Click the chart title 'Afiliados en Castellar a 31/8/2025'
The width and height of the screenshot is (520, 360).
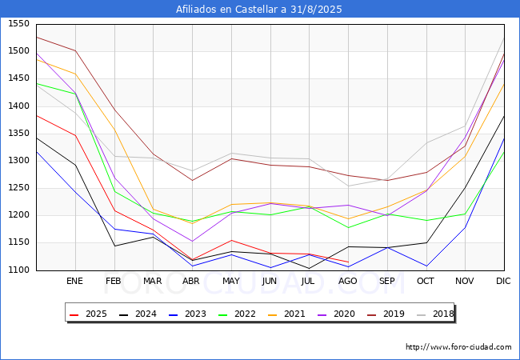(x=260, y=10)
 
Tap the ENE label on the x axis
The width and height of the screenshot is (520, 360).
(x=74, y=282)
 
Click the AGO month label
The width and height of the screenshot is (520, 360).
(x=348, y=282)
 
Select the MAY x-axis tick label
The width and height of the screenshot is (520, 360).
(x=230, y=282)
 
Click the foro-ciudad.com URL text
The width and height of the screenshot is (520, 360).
(x=458, y=347)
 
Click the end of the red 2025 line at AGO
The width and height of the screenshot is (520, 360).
(x=348, y=262)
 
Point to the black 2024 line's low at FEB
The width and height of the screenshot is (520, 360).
(x=114, y=246)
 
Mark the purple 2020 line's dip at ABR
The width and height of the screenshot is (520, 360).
(x=192, y=241)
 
